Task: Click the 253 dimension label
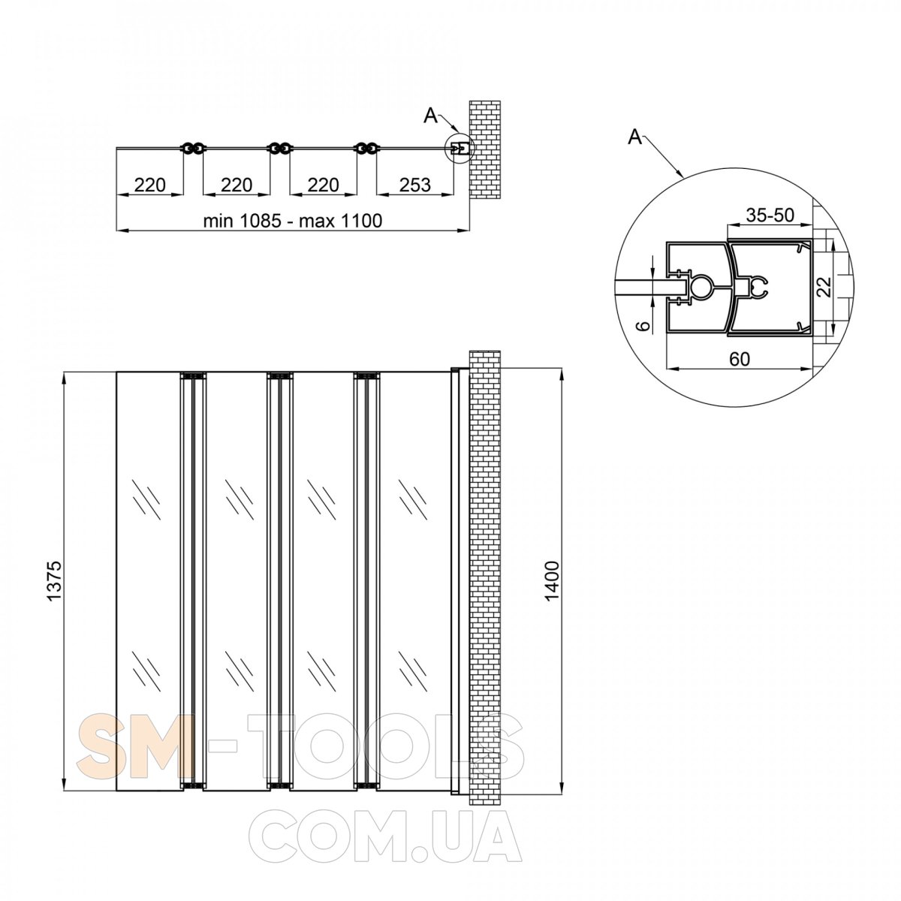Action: pos(414,185)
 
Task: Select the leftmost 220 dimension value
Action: pos(150,185)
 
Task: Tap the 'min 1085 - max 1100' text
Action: pos(293,220)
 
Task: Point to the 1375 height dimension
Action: pos(54,580)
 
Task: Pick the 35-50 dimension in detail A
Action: pos(770,215)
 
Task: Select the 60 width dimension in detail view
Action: pos(740,359)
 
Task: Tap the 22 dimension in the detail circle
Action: pos(826,287)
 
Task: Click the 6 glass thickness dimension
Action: pos(644,326)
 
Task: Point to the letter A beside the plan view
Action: pos(430,116)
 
